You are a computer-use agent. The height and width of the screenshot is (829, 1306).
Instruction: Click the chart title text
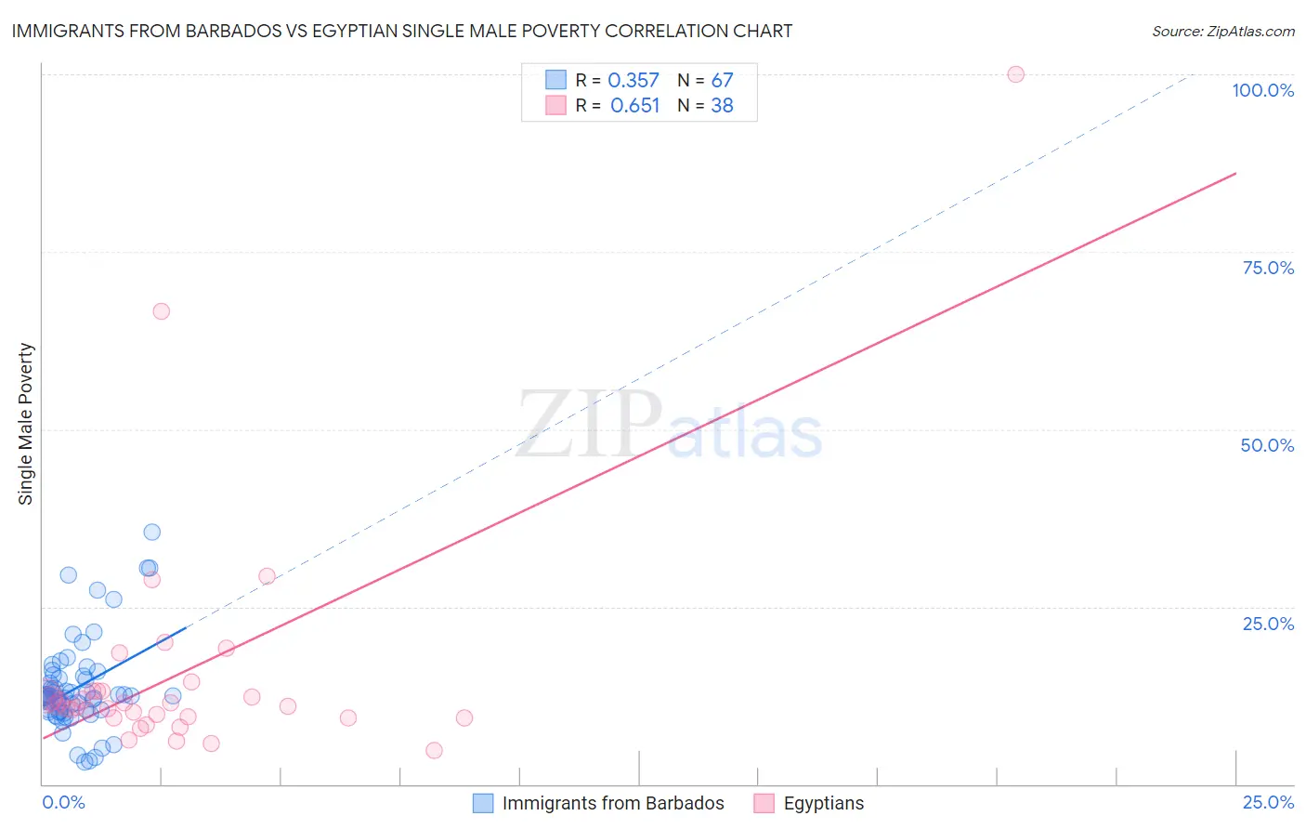(x=401, y=31)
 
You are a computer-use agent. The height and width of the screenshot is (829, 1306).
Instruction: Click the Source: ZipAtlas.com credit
(x=1222, y=31)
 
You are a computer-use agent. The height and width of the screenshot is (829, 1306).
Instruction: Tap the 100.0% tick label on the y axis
(x=1262, y=90)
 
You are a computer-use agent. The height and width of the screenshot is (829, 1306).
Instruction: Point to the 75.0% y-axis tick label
(x=1268, y=268)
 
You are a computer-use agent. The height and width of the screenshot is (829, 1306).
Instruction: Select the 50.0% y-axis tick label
(x=1267, y=445)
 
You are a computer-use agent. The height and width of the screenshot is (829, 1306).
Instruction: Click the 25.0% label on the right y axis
(x=1268, y=624)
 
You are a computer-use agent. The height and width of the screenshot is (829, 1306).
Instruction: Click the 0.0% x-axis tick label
(x=63, y=802)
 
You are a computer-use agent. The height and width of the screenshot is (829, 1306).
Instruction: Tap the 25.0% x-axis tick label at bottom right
(x=1268, y=802)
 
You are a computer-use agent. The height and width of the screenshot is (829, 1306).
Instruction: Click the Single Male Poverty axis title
(x=26, y=424)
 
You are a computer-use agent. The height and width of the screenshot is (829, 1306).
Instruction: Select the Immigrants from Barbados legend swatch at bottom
(x=483, y=803)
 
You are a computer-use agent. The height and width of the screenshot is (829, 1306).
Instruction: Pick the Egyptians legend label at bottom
(x=823, y=803)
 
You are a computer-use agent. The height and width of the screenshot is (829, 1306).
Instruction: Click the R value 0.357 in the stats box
(x=633, y=81)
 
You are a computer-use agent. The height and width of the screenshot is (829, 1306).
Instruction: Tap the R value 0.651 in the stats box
(x=634, y=106)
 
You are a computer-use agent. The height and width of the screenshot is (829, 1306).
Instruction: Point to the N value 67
(x=722, y=81)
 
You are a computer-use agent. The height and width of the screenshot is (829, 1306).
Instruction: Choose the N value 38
(x=722, y=106)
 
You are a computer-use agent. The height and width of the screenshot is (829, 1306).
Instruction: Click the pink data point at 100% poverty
(x=1015, y=74)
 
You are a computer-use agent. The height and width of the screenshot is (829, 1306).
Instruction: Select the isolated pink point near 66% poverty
(x=161, y=311)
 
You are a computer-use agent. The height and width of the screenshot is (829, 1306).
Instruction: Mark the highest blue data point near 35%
(x=151, y=532)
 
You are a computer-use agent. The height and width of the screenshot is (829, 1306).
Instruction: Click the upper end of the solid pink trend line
(x=1235, y=174)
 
